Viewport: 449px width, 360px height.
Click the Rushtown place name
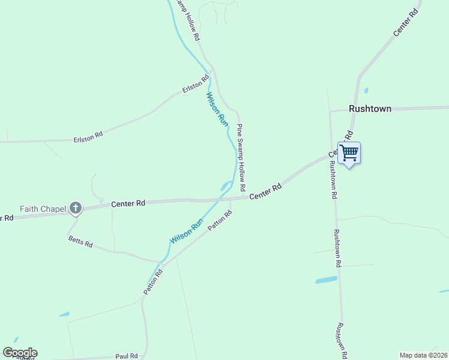[x=370, y=109]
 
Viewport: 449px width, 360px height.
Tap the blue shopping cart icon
[x=349, y=152]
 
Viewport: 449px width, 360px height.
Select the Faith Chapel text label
[x=42, y=209]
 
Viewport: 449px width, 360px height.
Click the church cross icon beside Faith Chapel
[x=75, y=208]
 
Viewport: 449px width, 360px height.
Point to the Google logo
[x=20, y=352]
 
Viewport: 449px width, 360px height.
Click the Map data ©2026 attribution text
[x=423, y=355]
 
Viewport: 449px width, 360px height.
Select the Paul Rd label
[x=127, y=355]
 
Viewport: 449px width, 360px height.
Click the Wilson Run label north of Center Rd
[x=217, y=109]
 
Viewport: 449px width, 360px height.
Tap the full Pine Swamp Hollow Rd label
[x=241, y=157]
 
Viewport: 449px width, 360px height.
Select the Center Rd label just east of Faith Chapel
[x=128, y=204]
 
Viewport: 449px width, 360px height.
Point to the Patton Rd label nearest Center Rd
[x=220, y=221]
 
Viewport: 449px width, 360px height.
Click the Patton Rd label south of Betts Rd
[x=153, y=281]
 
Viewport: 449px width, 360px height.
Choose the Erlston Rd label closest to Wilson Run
[x=196, y=83]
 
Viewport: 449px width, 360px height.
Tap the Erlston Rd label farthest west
[x=88, y=136]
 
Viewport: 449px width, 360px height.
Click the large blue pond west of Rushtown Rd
[x=327, y=280]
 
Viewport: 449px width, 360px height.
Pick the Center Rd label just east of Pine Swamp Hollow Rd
[x=265, y=192]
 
